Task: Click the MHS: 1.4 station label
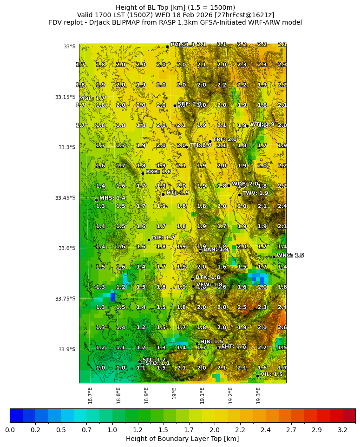click(112, 198)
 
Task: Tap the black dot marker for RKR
click(143, 173)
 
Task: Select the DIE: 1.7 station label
click(163, 238)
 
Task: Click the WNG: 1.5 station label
click(290, 256)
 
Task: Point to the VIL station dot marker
click(257, 376)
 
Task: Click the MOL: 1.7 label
click(92, 99)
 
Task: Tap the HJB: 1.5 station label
click(211, 342)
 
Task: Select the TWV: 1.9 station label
click(255, 193)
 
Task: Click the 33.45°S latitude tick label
click(65, 198)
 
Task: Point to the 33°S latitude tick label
click(69, 46)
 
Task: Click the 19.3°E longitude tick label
click(258, 395)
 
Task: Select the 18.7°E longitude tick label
click(90, 395)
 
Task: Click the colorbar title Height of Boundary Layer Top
click(182, 439)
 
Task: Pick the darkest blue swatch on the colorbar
click(16, 415)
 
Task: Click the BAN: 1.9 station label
click(216, 249)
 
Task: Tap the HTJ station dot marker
click(163, 194)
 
